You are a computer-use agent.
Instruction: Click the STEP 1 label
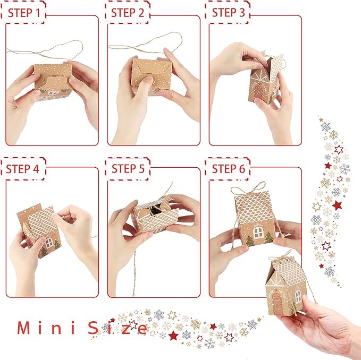coord(23,12)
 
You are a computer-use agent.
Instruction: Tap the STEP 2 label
coord(128,12)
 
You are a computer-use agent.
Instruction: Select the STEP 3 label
coord(228,12)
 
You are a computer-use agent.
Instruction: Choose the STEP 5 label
coord(128,169)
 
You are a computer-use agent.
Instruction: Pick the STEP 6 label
coord(228,169)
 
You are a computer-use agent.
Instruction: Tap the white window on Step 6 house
coord(258,233)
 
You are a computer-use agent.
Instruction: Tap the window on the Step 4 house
coord(49,243)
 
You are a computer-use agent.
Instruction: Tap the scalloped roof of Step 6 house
coord(254,207)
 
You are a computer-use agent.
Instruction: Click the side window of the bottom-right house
coord(298,296)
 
